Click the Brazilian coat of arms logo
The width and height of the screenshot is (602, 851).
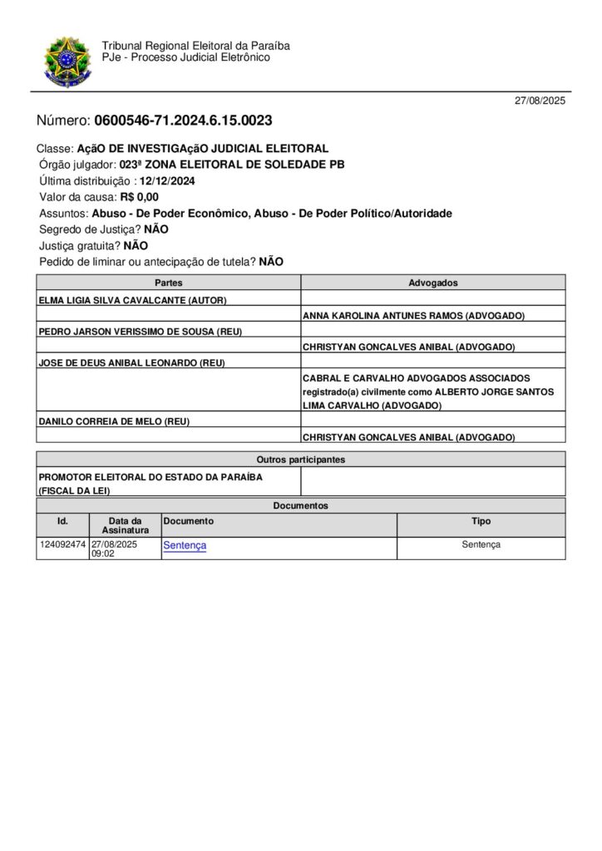67,61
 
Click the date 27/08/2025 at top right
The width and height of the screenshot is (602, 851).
540,101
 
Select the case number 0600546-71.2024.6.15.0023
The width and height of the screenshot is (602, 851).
183,121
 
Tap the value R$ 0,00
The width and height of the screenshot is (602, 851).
139,197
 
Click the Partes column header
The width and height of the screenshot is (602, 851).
169,283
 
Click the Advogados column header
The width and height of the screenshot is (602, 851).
432,283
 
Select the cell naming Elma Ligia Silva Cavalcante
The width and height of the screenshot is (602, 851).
133,299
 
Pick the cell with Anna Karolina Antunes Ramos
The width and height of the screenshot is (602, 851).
413,316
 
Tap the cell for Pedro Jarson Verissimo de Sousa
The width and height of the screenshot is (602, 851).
141,331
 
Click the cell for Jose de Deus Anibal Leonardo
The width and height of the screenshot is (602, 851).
132,362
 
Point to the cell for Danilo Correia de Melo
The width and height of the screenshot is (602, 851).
114,421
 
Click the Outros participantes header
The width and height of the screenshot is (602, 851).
300,459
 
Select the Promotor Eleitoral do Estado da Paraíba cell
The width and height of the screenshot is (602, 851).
150,483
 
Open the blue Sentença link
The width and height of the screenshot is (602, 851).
185,545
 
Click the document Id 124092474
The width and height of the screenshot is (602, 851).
62,544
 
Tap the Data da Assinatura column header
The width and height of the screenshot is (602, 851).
126,525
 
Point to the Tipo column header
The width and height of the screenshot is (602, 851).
481,521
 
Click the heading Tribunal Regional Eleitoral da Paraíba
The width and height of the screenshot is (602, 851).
195,46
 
